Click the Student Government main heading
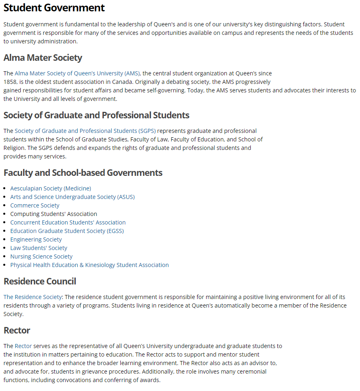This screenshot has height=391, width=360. tap(54, 8)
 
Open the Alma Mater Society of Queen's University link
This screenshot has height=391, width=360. tap(77, 73)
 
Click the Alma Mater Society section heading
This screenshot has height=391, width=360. tap(43, 58)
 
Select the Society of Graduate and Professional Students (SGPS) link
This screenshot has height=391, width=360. tap(85, 131)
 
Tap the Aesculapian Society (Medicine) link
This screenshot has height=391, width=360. tap(51, 188)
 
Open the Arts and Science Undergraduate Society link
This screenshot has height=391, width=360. tap(72, 197)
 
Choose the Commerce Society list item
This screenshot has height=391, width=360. tap(35, 205)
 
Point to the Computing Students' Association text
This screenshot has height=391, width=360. tap(53, 214)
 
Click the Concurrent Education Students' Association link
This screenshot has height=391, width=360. tap(68, 222)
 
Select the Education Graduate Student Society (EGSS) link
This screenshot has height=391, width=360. tap(67, 231)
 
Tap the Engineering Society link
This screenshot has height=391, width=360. tap(36, 239)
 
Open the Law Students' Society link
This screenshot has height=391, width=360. tap(39, 248)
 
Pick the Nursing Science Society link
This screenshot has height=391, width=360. tap(41, 256)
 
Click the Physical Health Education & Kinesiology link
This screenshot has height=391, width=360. tap(89, 265)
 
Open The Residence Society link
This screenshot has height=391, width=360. tap(33, 297)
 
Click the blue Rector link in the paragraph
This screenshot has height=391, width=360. tap(23, 346)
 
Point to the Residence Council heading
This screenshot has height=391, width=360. tap(40, 282)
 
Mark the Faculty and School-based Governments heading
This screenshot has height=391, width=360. tap(83, 173)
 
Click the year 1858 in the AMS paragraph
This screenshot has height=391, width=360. tap(10, 82)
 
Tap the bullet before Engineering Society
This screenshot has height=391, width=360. tap(5, 239)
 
